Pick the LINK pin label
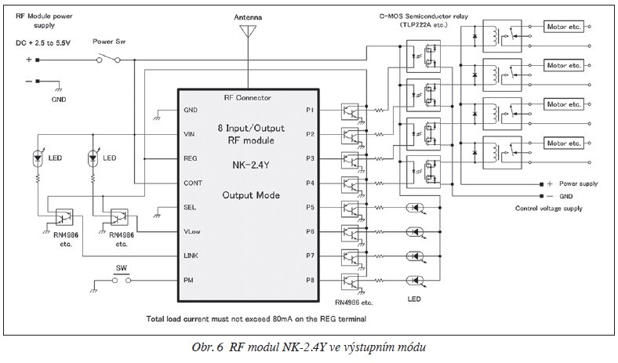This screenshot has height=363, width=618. tap(190, 256)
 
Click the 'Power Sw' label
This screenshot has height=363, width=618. tap(108, 41)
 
